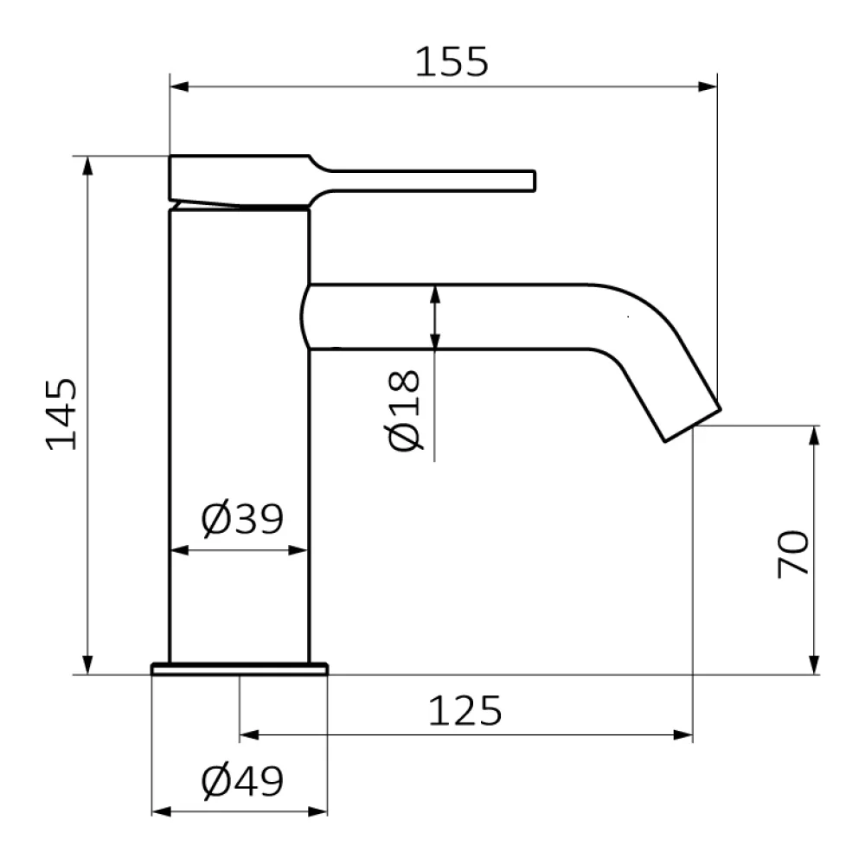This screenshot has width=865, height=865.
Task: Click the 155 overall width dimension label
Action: pyautogui.click(x=452, y=61)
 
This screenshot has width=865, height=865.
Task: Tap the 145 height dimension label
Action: pyautogui.click(x=61, y=414)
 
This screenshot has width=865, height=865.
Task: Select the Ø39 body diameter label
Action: pyautogui.click(x=242, y=518)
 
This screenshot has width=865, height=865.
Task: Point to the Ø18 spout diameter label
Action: pyautogui.click(x=404, y=410)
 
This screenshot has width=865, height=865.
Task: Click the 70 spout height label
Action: pyautogui.click(x=792, y=554)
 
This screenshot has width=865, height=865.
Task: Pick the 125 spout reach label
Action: pyautogui.click(x=465, y=710)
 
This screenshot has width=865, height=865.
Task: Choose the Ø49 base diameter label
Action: pyautogui.click(x=242, y=781)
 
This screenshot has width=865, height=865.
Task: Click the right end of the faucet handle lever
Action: pyautogui.click(x=534, y=181)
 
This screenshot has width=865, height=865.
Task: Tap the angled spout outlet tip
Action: pyautogui.click(x=693, y=426)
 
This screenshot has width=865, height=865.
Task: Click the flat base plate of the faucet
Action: pyautogui.click(x=240, y=669)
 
